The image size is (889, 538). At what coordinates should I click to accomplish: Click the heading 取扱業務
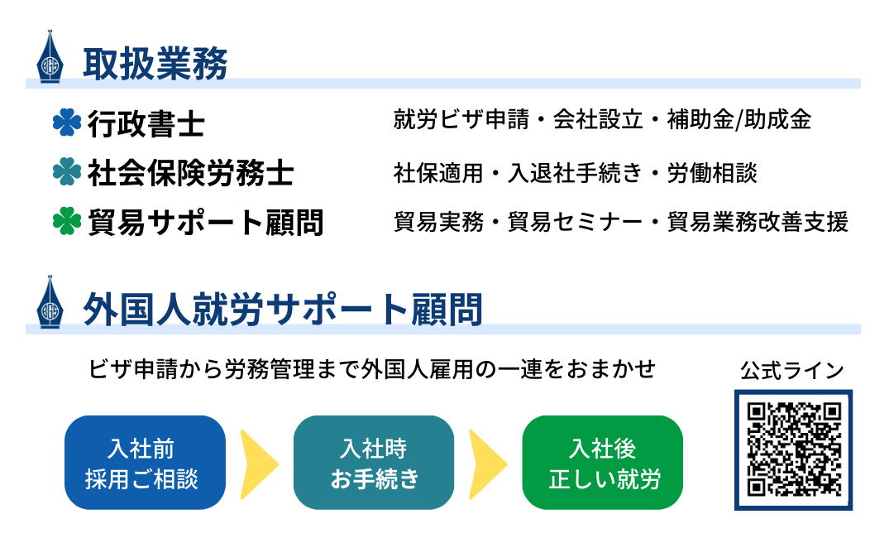point(155,64)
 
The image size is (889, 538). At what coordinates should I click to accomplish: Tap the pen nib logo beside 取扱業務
point(50,57)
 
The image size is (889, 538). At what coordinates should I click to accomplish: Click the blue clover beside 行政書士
point(67,122)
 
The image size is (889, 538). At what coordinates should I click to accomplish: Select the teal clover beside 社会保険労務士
point(67,171)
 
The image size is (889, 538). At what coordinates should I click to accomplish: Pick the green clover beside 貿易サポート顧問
point(67,221)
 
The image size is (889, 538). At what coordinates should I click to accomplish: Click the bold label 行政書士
point(146,123)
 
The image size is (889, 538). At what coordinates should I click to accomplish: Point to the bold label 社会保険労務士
point(190,172)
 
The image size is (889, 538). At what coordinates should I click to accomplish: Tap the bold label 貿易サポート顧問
point(205,222)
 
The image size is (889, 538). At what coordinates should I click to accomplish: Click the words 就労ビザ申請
point(461,119)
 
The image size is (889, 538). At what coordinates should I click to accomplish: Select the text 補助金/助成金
point(739,119)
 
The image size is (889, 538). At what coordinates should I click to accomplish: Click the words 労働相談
point(712,173)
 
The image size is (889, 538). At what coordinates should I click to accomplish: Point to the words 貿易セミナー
point(575,222)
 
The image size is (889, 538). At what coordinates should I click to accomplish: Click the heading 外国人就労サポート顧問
point(282,310)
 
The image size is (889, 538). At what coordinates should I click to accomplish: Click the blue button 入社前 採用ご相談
point(146,463)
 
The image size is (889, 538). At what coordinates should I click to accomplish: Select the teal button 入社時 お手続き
point(374,463)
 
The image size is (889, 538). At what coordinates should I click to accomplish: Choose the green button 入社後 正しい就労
point(602,463)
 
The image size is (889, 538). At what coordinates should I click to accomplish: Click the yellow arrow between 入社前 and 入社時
point(259,464)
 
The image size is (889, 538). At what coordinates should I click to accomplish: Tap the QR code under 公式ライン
point(793,449)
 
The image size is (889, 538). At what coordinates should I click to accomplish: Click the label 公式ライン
point(792,371)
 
